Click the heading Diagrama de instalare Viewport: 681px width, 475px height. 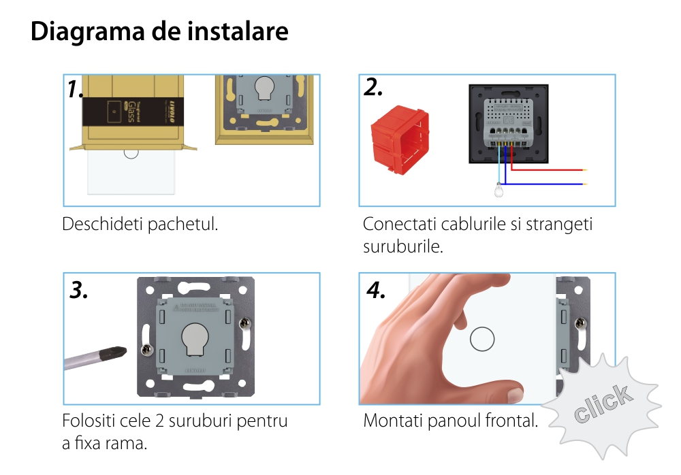(x=159, y=32)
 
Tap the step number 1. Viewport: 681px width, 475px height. (x=76, y=90)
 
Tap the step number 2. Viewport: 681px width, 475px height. (x=374, y=87)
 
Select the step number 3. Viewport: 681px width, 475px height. (x=80, y=291)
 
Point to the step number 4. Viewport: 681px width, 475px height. (x=376, y=291)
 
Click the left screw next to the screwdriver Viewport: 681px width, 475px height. (x=144, y=350)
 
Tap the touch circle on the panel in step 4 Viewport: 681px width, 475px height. (x=482, y=340)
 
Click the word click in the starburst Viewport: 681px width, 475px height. (x=601, y=404)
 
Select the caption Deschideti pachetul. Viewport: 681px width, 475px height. (x=140, y=224)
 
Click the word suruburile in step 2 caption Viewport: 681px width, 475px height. (x=403, y=246)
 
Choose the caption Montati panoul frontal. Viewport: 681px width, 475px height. (x=450, y=421)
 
